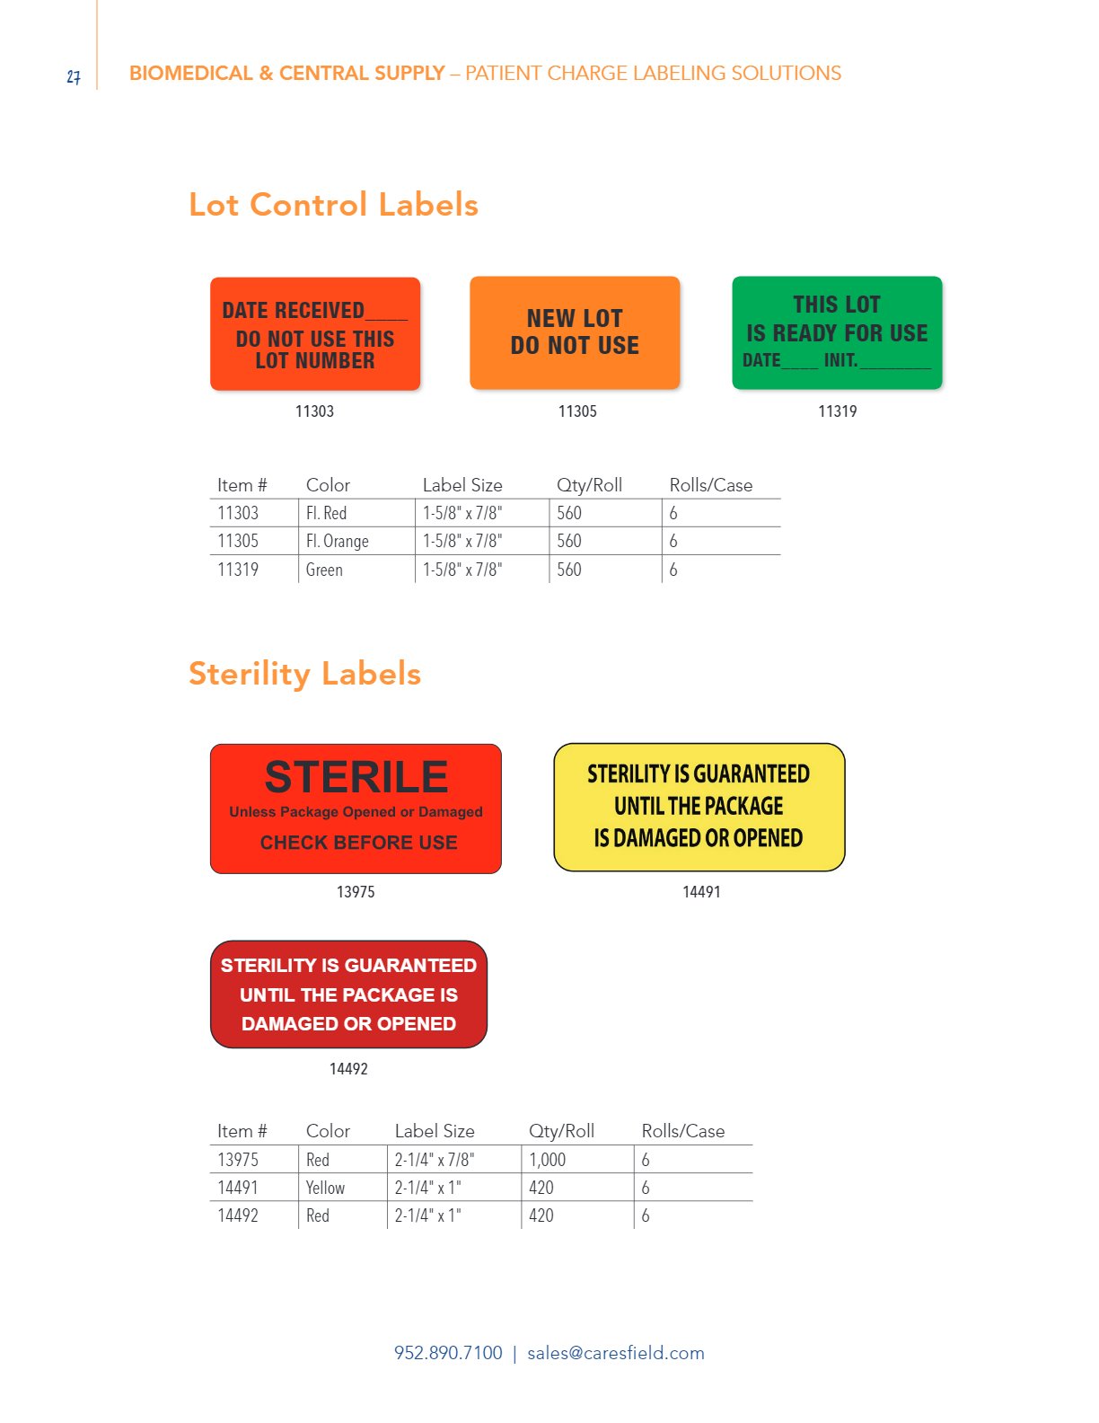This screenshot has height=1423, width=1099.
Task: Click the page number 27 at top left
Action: (x=74, y=77)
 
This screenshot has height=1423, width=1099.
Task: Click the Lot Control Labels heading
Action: (x=333, y=205)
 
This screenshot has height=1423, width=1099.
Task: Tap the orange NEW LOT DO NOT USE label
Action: (x=575, y=332)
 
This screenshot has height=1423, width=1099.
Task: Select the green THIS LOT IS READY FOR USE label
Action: (x=837, y=332)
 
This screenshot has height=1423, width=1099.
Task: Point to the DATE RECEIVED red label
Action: (x=315, y=334)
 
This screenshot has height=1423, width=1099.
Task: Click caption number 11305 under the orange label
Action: (x=577, y=411)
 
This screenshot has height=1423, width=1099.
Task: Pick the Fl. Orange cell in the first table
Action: (x=337, y=541)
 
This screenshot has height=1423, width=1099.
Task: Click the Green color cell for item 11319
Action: (x=324, y=570)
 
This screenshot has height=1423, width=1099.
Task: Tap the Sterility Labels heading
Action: (x=304, y=674)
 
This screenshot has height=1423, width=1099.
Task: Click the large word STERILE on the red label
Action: (x=356, y=777)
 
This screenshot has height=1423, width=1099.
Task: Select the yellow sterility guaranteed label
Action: (x=699, y=807)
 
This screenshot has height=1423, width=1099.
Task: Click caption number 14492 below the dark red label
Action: (x=348, y=1069)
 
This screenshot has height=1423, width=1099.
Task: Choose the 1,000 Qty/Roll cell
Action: (x=548, y=1160)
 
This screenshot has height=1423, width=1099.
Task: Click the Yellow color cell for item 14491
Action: (x=325, y=1188)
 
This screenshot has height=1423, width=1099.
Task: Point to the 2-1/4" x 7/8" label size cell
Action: (x=435, y=1160)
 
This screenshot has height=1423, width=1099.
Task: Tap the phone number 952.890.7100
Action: (x=448, y=1353)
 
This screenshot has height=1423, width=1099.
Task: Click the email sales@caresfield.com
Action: (x=616, y=1353)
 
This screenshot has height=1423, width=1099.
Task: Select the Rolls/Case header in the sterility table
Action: (x=683, y=1131)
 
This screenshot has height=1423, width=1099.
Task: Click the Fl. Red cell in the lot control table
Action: (x=326, y=513)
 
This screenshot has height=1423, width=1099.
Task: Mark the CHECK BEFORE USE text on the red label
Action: (x=358, y=843)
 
